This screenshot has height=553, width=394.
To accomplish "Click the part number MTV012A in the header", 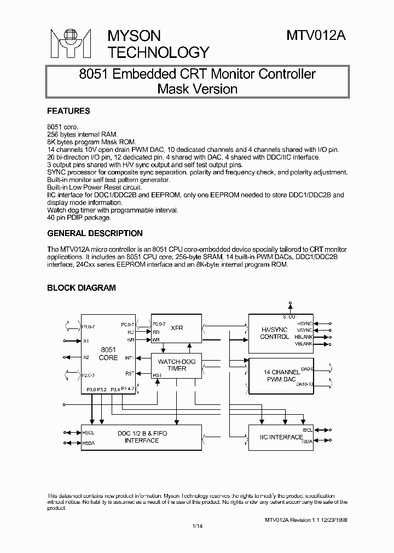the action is pyautogui.click(x=316, y=36).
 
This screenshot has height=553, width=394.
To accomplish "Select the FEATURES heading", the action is pyautogui.click(x=68, y=111).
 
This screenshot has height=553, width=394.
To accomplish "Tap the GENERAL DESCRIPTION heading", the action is pyautogui.click(x=95, y=233).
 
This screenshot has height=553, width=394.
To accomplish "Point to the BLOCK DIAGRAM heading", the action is pyautogui.click(x=82, y=288).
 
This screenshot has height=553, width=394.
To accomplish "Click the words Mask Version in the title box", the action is pyautogui.click(x=197, y=89).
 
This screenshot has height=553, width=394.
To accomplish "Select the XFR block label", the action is pyautogui.click(x=176, y=328).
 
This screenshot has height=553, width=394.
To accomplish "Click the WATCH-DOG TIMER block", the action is pyautogui.click(x=172, y=365).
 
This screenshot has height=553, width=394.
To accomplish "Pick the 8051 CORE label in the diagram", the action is pyautogui.click(x=108, y=354).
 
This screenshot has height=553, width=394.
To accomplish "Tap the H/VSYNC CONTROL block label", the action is pyautogui.click(x=274, y=333).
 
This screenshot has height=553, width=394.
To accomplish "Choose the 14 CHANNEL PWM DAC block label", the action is pyautogui.click(x=282, y=376).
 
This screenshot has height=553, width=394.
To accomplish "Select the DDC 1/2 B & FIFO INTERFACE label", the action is pyautogui.click(x=142, y=437).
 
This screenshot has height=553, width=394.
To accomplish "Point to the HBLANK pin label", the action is pyautogui.click(x=305, y=337).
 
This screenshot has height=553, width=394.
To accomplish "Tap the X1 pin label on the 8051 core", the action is pyautogui.click(x=86, y=340).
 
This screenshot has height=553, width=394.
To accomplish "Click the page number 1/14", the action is pyautogui.click(x=197, y=526).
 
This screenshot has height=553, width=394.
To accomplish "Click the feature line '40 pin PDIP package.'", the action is pyautogui.click(x=79, y=217).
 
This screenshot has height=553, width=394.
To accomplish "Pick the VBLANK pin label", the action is pyautogui.click(x=305, y=344).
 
